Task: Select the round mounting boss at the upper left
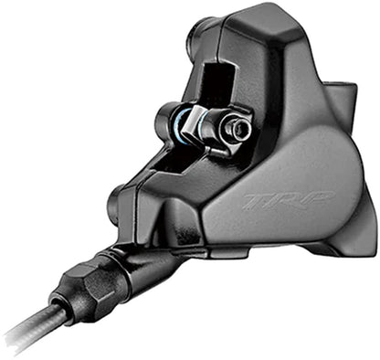[x=195, y=37]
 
